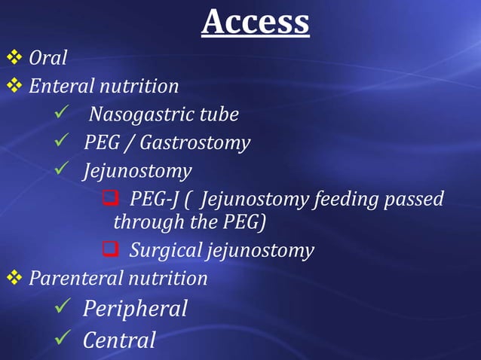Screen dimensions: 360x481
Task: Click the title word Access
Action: (x=256, y=22)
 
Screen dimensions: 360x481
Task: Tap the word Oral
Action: (x=48, y=58)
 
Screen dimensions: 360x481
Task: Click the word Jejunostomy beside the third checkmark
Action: (x=137, y=172)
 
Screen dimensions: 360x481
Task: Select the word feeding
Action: (x=351, y=200)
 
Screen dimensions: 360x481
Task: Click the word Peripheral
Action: (x=135, y=308)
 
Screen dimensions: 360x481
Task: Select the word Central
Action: (x=119, y=340)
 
